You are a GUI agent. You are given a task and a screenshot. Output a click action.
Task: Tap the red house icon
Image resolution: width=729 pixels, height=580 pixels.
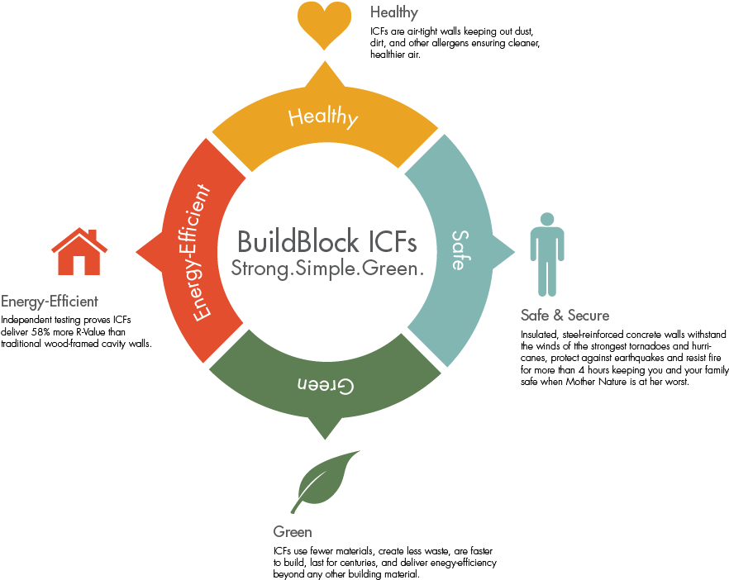click(79, 252)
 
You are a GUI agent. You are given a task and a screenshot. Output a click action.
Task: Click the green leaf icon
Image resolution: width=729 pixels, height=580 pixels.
click(327, 478)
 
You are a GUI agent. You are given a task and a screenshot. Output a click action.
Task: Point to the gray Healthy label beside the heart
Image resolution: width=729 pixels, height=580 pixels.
click(393, 12)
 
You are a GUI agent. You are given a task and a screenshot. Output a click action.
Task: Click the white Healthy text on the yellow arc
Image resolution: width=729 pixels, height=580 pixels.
click(323, 117)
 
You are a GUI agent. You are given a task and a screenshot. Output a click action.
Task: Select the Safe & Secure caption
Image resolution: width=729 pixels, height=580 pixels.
click(565, 315)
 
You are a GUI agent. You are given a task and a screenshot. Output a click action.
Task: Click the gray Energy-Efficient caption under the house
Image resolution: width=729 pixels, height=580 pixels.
click(50, 302)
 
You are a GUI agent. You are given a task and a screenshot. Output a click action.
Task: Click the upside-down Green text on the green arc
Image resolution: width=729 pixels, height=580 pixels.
click(326, 386)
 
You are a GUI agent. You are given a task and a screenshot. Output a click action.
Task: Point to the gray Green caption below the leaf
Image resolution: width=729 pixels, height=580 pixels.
click(293, 532)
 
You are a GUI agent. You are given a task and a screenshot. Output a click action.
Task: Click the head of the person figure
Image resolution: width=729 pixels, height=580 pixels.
click(546, 219)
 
